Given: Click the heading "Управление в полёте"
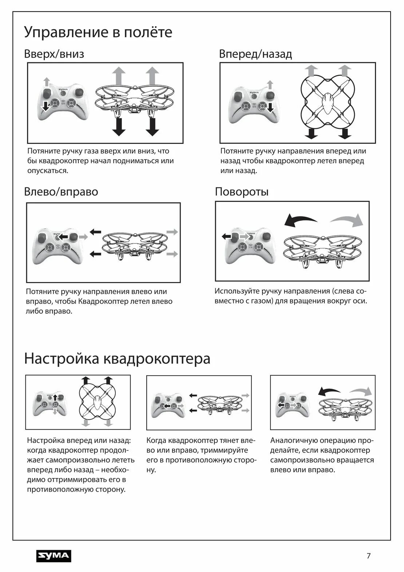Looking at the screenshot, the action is point(98,32).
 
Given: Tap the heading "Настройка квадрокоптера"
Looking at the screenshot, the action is point(117,359).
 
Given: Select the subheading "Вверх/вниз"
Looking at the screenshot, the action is point(54,54).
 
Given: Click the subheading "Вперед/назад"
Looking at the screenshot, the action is point(255,54).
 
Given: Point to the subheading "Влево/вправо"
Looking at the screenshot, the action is point(61,192).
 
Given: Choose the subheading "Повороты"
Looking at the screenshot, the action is point(241,192).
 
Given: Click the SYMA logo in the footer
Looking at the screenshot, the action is point(54,556).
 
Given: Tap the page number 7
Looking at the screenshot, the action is point(368,556).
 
